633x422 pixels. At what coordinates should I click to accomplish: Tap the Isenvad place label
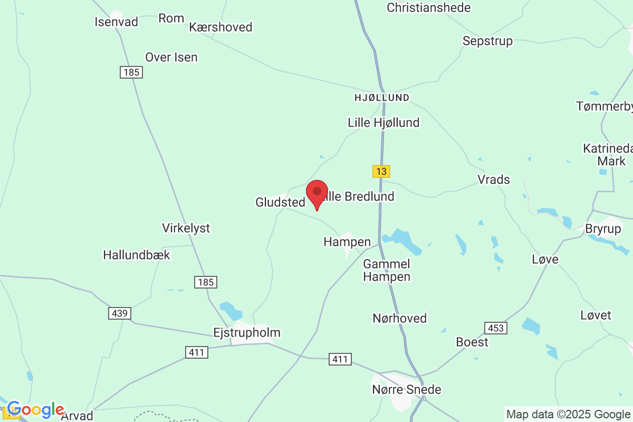click(116, 22)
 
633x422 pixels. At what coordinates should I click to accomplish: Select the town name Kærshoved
click(220, 27)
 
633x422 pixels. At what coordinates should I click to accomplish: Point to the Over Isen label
click(171, 57)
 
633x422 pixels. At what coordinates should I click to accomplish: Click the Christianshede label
click(428, 8)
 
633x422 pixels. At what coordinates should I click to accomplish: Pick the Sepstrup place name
click(487, 41)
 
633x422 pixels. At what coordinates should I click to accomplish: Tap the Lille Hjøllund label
click(383, 122)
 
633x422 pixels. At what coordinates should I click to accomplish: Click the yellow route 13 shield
click(381, 171)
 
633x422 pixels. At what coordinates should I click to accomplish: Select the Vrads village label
click(494, 179)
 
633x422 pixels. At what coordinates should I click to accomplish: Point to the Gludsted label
click(280, 202)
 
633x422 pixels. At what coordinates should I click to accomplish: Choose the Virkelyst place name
click(186, 228)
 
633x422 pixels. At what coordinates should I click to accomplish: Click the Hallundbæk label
click(137, 255)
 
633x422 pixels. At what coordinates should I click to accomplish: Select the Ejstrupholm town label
click(247, 333)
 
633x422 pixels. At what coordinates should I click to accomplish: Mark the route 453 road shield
click(496, 328)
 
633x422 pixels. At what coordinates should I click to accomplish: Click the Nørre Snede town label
click(407, 390)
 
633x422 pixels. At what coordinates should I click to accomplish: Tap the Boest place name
click(472, 342)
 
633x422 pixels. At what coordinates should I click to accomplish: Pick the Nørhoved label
click(399, 318)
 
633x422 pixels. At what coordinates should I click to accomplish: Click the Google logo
click(35, 409)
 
